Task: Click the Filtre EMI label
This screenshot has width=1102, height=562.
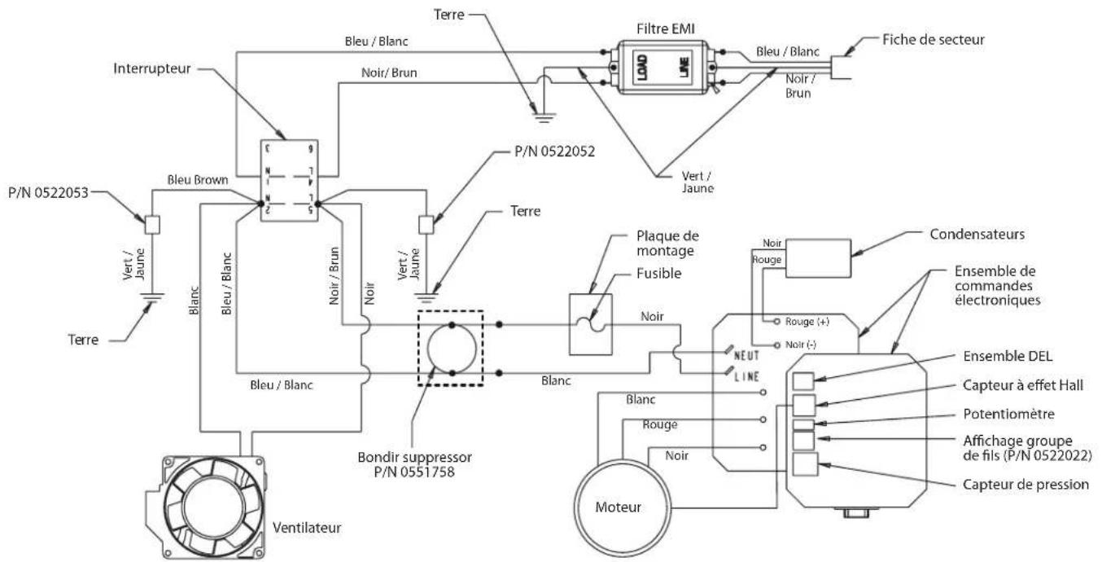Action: click(x=665, y=29)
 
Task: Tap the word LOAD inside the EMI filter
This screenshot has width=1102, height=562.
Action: click(x=642, y=68)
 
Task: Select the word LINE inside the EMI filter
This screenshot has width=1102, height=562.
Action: click(x=684, y=68)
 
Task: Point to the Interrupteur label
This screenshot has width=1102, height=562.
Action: click(x=151, y=68)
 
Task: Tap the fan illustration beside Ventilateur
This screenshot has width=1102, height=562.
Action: click(x=205, y=507)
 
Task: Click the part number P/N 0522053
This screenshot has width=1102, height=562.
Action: click(x=48, y=192)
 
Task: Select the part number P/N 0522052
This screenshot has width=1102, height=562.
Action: click(x=554, y=151)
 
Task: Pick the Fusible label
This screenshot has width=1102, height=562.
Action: click(x=658, y=273)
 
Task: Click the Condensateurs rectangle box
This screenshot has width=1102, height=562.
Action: click(x=818, y=258)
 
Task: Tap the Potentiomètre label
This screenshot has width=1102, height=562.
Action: click(x=1008, y=414)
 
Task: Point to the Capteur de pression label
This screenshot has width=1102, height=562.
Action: click(x=1025, y=485)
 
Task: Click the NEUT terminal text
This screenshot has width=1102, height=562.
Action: click(x=746, y=355)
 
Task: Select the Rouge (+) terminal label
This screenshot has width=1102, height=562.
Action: click(x=807, y=322)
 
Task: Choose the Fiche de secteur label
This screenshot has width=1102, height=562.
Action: click(x=934, y=40)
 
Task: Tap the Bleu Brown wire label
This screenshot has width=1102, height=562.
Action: click(x=198, y=180)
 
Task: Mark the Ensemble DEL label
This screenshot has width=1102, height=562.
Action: click(x=1008, y=356)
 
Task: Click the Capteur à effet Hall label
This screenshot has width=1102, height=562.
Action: click(x=1023, y=385)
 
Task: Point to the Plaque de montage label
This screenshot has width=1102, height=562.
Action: click(x=667, y=243)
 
